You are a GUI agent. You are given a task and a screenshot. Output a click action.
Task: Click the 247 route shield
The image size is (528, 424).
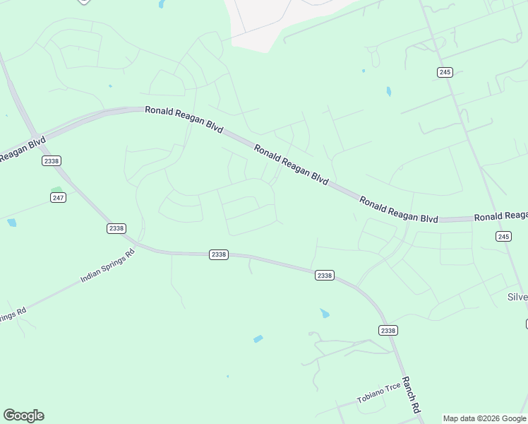pyautogui.click(x=58, y=197)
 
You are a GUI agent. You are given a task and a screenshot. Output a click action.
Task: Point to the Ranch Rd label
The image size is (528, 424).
pyautogui.click(x=412, y=395)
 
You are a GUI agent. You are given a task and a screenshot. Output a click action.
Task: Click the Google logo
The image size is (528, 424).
pyautogui.click(x=23, y=416)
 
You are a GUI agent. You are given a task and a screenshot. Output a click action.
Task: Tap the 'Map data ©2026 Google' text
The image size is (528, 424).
pyautogui.click(x=484, y=418)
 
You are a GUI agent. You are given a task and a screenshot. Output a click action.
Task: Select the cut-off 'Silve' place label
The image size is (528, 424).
pyautogui.click(x=517, y=297)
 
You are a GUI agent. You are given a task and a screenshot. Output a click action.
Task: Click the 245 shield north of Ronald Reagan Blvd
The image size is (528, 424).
pyautogui.click(x=445, y=72)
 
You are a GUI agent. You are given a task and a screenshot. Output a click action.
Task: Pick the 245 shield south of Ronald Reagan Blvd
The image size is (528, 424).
pyautogui.click(x=503, y=236)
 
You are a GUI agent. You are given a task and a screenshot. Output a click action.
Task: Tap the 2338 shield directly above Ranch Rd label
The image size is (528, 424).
pyautogui.click(x=388, y=330)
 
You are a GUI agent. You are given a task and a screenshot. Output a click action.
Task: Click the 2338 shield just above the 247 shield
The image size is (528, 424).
pyautogui.click(x=51, y=161)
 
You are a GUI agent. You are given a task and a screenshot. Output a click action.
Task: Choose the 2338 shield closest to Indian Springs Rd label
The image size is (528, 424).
pyautogui.click(x=116, y=228)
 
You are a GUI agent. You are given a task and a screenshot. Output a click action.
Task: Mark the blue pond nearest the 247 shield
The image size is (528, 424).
pyautogui.click(x=11, y=223)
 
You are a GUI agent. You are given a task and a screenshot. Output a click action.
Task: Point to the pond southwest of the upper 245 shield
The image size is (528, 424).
pyautogui.click(x=388, y=91)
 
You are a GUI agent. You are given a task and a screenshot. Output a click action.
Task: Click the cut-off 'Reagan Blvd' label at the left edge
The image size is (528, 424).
pyautogui.click(x=21, y=149)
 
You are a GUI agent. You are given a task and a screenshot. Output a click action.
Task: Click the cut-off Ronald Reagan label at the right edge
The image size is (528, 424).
pyautogui.click(x=500, y=216)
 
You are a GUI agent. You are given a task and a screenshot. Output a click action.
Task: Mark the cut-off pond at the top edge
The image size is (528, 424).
pyautogui.click(x=162, y=4)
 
